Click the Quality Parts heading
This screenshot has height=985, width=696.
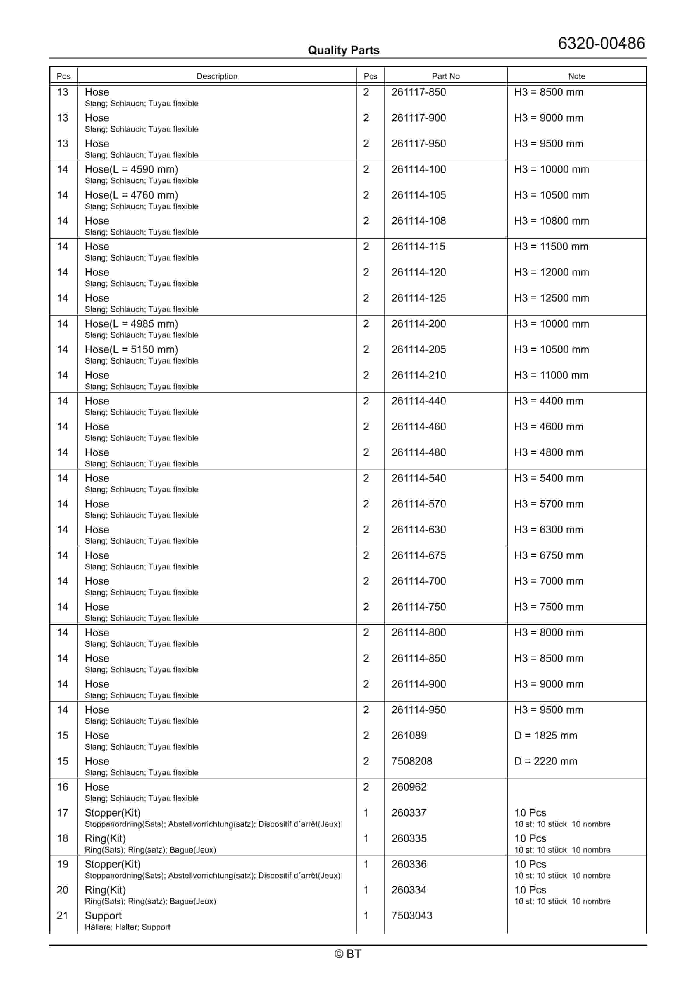click(343, 50)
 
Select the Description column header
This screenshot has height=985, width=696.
click(217, 76)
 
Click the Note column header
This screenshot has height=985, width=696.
click(576, 76)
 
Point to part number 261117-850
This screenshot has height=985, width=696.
click(418, 92)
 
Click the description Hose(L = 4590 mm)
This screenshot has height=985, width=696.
click(131, 169)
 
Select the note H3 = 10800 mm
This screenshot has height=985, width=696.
click(552, 221)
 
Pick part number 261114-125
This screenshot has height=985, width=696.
click(418, 298)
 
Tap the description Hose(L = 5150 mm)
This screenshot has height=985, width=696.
click(131, 350)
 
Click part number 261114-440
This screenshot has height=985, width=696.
click(418, 401)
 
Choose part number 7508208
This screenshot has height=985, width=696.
click(411, 762)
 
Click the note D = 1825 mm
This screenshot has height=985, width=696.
click(545, 736)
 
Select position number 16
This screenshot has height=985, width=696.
click(63, 787)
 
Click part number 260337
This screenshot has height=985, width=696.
click(409, 813)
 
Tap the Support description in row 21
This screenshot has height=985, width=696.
click(103, 916)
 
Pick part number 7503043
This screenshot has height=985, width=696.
click(411, 916)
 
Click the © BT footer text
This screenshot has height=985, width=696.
click(348, 954)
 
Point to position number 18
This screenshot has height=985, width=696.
click(63, 839)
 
